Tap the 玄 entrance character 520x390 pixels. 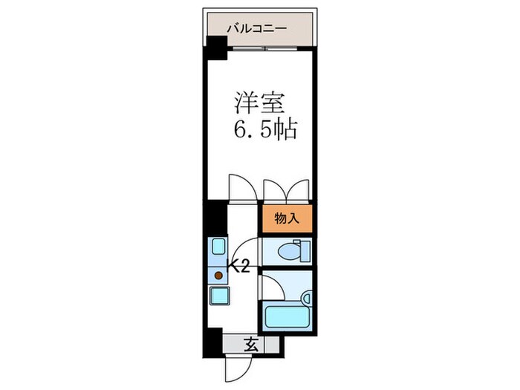[252, 344]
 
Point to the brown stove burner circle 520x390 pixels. [218, 275]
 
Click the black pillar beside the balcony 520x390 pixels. [215, 48]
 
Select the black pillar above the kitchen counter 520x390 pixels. [214, 218]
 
